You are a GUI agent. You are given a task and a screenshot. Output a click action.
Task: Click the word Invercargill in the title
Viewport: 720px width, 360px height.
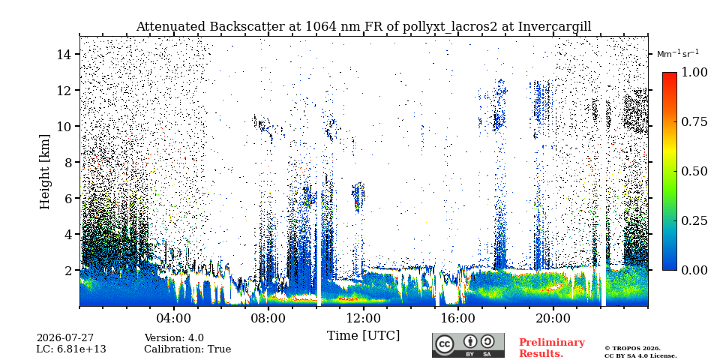pos(554,27)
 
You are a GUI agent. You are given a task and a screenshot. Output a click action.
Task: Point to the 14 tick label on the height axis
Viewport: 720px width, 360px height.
pos(64,54)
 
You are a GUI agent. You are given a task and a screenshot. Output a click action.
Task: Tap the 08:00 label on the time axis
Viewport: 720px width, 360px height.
pos(269,318)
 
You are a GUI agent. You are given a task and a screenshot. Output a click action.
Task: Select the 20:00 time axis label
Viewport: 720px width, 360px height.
pos(553,318)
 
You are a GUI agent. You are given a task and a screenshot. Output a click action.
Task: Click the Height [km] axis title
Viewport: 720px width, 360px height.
pos(44,172)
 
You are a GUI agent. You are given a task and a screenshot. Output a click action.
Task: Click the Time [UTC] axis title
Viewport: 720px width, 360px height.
pos(363,336)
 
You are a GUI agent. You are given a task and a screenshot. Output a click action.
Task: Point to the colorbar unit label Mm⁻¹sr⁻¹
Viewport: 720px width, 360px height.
pos(678,53)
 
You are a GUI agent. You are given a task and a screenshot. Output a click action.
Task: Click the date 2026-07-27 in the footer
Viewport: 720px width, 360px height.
pos(65,339)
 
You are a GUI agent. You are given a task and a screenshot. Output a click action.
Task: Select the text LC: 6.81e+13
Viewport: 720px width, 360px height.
pos(71,349)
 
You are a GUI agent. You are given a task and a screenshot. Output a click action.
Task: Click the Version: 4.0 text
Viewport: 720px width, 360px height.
pos(174,339)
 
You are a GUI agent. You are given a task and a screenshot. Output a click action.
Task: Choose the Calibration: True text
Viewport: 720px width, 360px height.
pos(187,349)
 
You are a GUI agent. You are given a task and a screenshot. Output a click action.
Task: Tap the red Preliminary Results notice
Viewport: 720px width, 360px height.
pos(552,348)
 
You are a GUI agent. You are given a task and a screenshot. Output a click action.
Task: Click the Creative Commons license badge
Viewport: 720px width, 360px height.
pos(468,345)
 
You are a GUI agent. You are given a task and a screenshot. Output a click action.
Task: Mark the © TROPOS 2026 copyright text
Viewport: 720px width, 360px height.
pos(632,349)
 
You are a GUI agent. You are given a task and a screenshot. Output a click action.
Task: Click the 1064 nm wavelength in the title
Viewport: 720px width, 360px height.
pos(325,27)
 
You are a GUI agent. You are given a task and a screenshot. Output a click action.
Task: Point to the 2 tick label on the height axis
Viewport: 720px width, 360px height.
pos(69,270)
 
